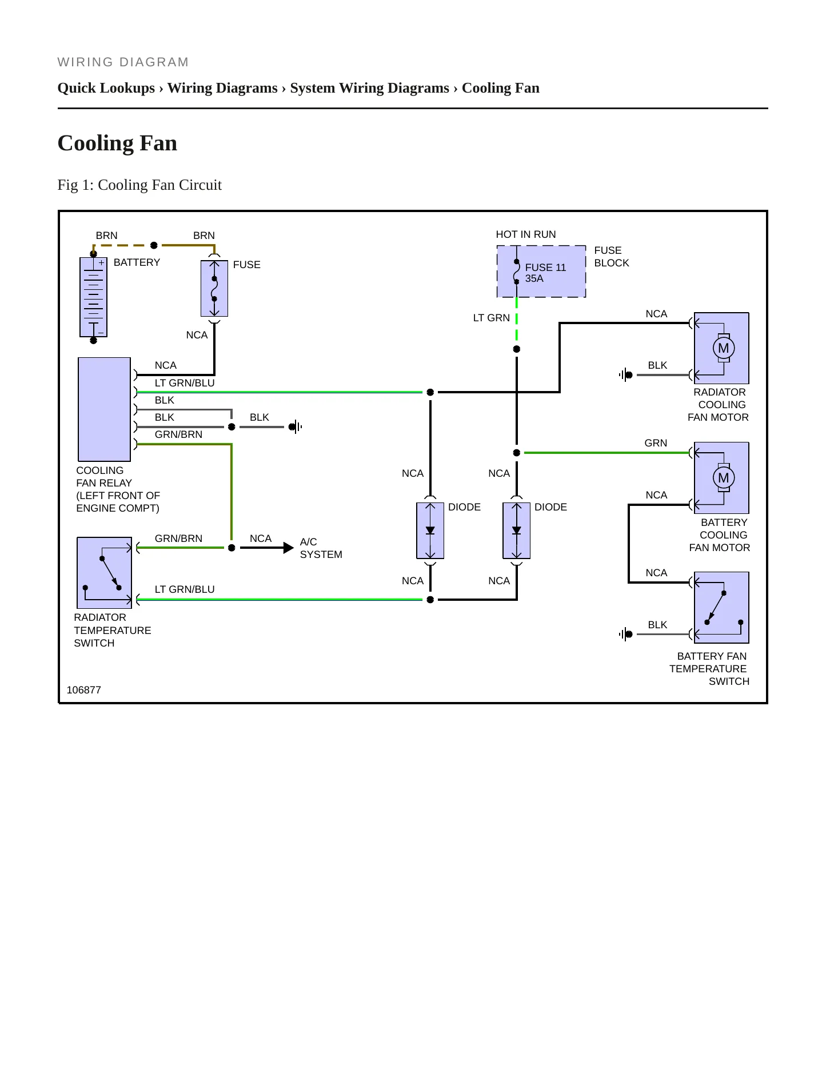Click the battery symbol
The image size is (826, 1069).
point(93,297)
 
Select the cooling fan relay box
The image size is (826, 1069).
point(104,409)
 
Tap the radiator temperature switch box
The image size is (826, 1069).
point(104,573)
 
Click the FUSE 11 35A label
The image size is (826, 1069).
point(545,273)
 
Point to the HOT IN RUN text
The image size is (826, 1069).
point(525,234)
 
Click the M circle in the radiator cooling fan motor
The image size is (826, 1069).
point(724,348)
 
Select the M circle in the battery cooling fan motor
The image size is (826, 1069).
point(724,478)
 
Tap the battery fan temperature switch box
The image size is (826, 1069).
point(721,608)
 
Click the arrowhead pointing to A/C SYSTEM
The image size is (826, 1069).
point(289,548)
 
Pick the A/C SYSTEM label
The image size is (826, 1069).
point(321,548)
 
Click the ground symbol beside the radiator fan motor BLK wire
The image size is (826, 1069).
point(625,375)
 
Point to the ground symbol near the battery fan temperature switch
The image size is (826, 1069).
point(625,634)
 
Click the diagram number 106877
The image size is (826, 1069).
point(83,690)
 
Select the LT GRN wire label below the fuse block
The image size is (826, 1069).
point(491,318)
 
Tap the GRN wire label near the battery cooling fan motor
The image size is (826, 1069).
point(656,443)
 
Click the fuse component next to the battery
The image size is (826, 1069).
point(214,289)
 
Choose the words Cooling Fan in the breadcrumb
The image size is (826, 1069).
point(500,88)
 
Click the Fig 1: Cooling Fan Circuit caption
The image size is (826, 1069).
point(139,185)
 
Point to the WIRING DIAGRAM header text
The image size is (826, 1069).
point(123,62)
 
